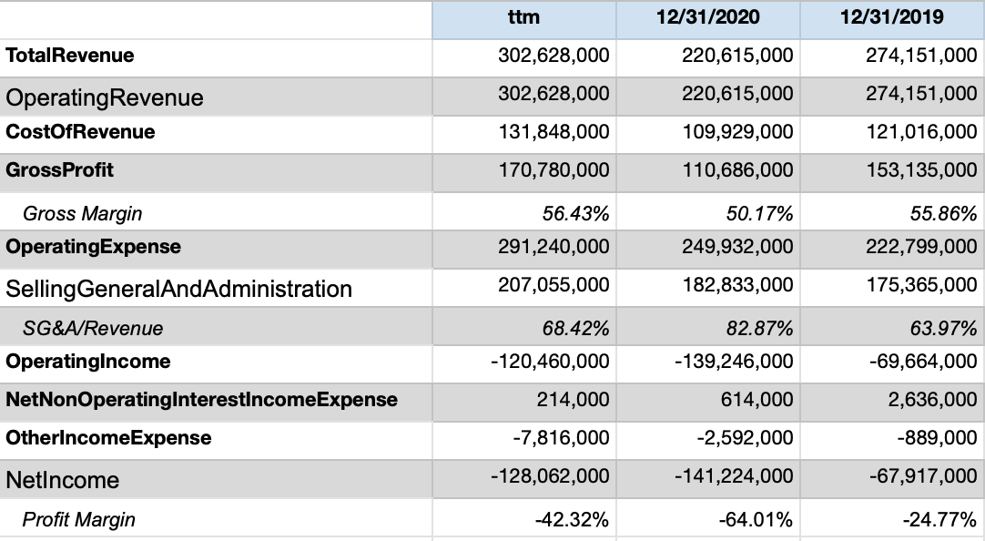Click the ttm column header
pyautogui.click(x=524, y=17)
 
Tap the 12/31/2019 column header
pyautogui.click(x=891, y=17)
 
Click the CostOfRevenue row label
pyautogui.click(x=80, y=132)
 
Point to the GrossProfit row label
pyautogui.click(x=60, y=170)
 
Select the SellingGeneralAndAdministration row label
pyautogui.click(x=178, y=289)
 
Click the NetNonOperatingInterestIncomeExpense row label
pyautogui.click(x=201, y=400)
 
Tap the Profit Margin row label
pyautogui.click(x=79, y=520)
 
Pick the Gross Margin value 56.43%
pyautogui.click(x=574, y=214)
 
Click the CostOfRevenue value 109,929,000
pyautogui.click(x=737, y=132)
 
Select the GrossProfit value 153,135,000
pyautogui.click(x=921, y=170)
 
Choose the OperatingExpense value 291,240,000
pyautogui.click(x=553, y=247)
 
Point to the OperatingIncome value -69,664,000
pyautogui.click(x=917, y=362)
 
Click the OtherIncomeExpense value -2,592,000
pyautogui.click(x=745, y=438)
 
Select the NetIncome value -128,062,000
pyautogui.click(x=551, y=476)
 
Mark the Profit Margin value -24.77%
pyautogui.click(x=939, y=520)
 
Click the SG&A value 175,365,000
pyautogui.click(x=921, y=285)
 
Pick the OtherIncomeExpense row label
pyautogui.click(x=108, y=438)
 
